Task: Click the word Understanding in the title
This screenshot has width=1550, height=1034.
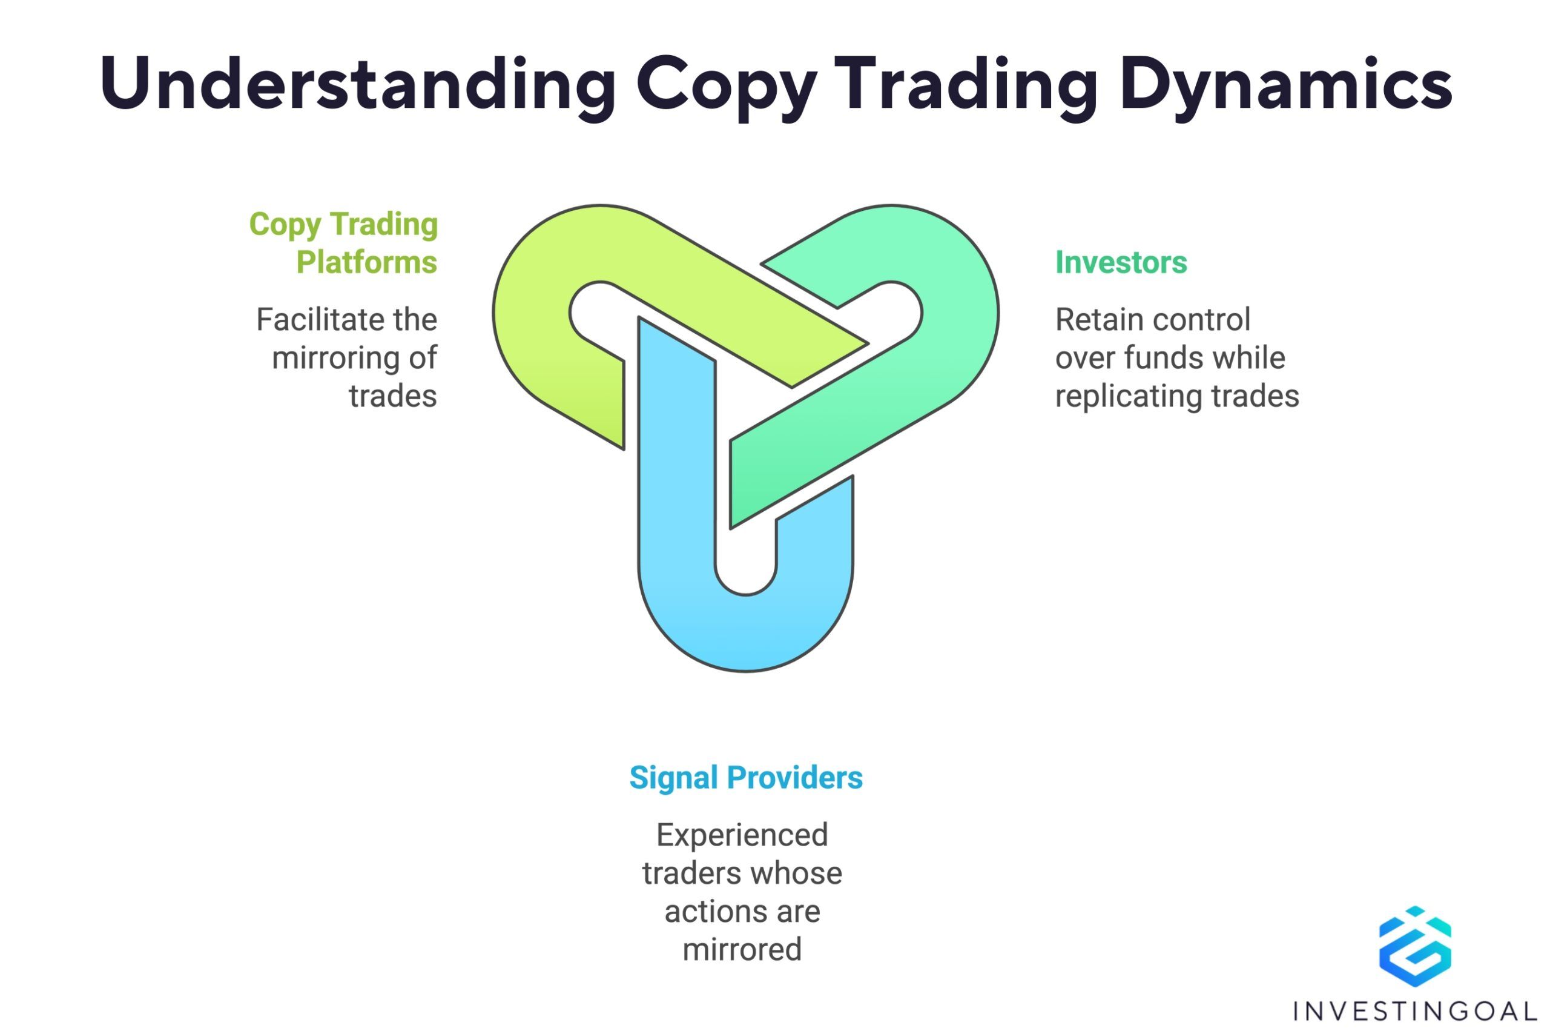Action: (358, 84)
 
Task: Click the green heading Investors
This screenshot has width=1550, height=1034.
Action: (1121, 262)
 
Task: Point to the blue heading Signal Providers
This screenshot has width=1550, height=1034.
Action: (746, 778)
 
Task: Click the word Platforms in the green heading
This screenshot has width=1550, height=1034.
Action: (366, 262)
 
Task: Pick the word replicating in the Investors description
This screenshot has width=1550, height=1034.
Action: (1128, 397)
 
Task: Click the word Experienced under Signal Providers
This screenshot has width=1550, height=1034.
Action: (742, 835)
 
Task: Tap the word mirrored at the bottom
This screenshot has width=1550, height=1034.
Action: (742, 950)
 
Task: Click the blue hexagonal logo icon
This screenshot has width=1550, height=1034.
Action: (1415, 946)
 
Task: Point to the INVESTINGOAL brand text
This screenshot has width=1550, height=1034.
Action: (1415, 1010)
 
